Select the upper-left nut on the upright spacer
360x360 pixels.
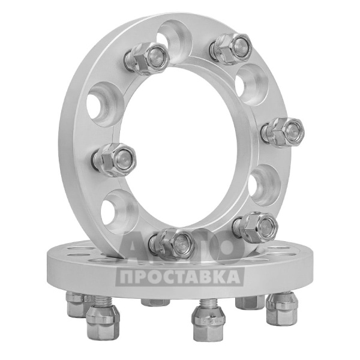(146, 59)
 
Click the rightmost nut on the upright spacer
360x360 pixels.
(284, 132)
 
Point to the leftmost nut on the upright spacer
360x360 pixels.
(114, 160)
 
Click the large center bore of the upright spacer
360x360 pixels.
(179, 148)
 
